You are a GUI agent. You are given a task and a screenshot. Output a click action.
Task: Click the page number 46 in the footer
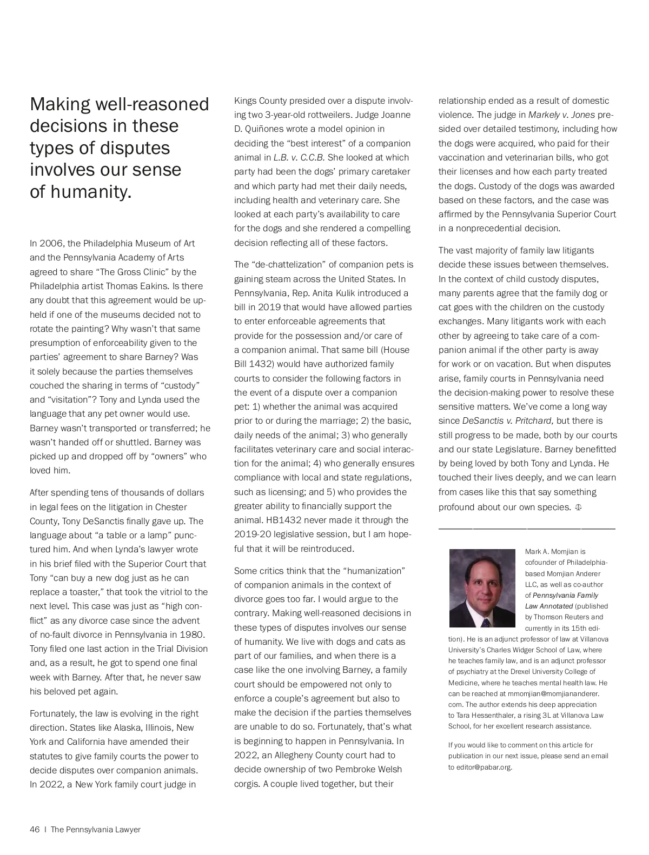[x=35, y=830]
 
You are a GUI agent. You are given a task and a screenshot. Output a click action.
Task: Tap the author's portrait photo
[x=482, y=588]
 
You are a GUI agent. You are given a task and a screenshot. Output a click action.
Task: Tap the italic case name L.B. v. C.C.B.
[x=299, y=157]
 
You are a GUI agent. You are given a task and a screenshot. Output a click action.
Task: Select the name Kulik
[x=383, y=293]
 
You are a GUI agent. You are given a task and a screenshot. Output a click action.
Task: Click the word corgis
[x=247, y=784]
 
